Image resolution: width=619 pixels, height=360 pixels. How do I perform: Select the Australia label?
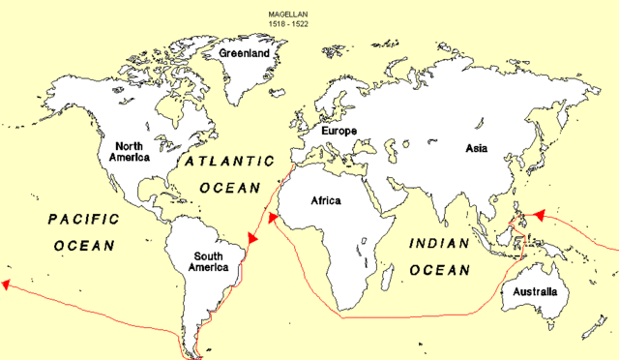536,291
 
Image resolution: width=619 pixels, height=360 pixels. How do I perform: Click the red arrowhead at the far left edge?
7,285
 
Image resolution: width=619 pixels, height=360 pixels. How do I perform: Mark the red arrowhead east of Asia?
538,214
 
